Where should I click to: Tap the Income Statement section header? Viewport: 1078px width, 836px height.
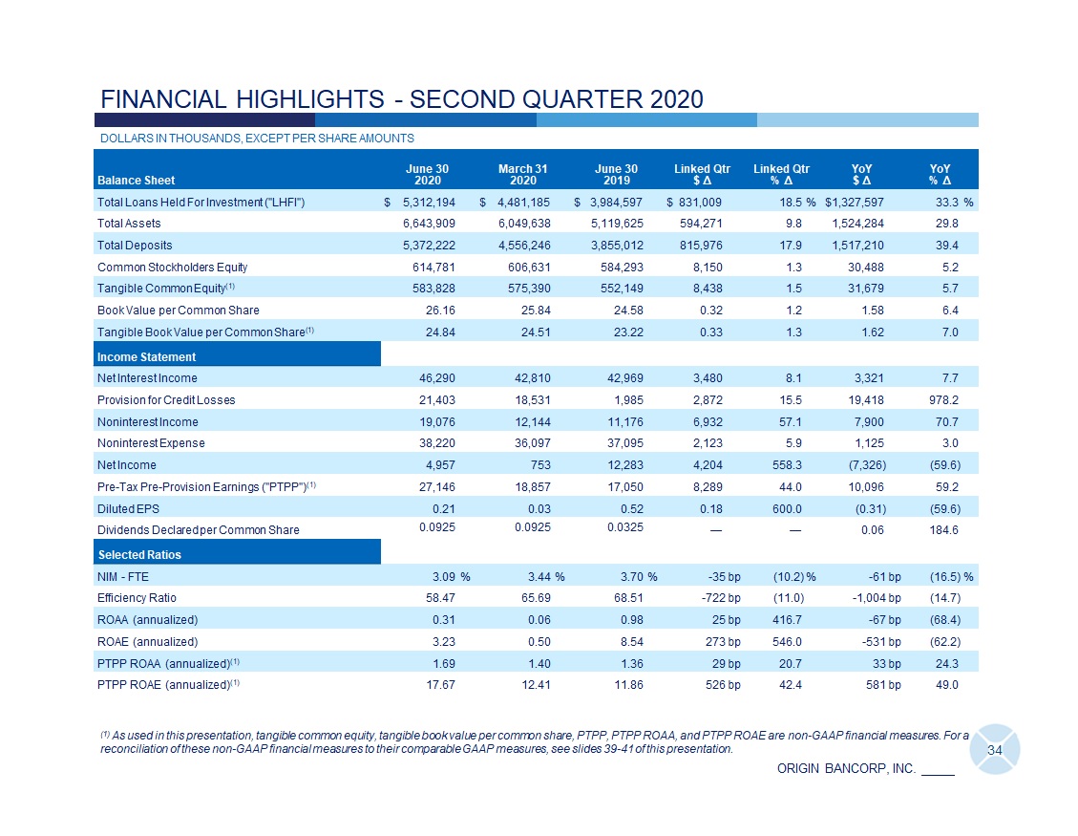[146, 356]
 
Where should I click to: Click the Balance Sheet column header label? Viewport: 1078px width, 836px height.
[136, 180]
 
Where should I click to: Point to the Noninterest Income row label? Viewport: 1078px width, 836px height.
[147, 421]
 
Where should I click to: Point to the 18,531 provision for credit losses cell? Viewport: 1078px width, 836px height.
[527, 399]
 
